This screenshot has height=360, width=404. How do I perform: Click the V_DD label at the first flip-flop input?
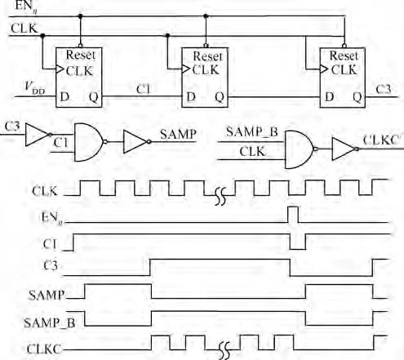(x=35, y=87)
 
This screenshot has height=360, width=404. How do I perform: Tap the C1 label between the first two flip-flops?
(x=143, y=89)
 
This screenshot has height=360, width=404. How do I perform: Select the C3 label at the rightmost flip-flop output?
(x=384, y=89)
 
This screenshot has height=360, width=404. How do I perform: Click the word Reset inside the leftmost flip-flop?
(x=81, y=55)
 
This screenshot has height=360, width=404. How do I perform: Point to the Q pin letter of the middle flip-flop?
(x=220, y=97)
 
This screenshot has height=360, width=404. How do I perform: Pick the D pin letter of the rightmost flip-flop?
(x=330, y=96)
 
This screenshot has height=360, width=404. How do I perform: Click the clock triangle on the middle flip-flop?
(x=186, y=69)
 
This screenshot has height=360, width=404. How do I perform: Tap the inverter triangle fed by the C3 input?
(x=38, y=135)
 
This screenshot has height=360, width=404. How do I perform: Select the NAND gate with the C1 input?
(x=88, y=142)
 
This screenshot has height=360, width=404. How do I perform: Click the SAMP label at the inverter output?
(x=178, y=135)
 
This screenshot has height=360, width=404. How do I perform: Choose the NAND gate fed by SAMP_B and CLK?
(x=300, y=149)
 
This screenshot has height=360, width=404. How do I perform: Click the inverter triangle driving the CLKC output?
(x=344, y=149)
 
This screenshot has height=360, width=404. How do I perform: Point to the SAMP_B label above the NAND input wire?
(x=252, y=132)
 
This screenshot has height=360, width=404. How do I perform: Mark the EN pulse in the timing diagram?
(x=293, y=215)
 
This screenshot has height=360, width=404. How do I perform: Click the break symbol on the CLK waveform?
(x=220, y=197)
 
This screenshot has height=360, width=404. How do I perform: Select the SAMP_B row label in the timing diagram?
(x=49, y=323)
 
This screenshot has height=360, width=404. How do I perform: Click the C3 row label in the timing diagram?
(x=51, y=265)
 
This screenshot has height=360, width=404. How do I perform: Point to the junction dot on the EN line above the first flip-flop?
(x=80, y=16)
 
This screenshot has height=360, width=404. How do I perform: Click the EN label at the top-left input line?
(x=26, y=7)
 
